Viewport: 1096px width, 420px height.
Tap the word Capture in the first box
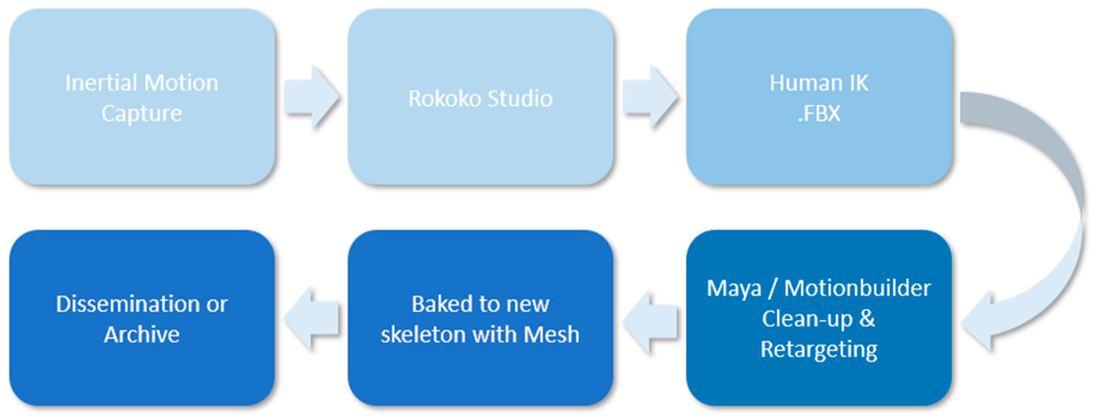pyautogui.click(x=142, y=113)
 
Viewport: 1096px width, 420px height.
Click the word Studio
pyautogui.click(x=520, y=99)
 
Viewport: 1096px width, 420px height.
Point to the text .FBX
pyautogui.click(x=819, y=113)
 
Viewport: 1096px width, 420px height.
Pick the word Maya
pyautogui.click(x=734, y=289)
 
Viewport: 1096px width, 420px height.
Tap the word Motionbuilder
pyautogui.click(x=857, y=289)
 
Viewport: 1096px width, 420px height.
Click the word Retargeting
pyautogui.click(x=819, y=350)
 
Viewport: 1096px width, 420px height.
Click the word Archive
pyautogui.click(x=142, y=334)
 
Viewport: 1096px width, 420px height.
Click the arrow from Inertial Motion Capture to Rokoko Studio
pyautogui.click(x=311, y=97)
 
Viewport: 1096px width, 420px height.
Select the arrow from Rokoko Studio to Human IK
pyautogui.click(x=650, y=97)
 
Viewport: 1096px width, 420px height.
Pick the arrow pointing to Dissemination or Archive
pyautogui.click(x=311, y=319)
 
